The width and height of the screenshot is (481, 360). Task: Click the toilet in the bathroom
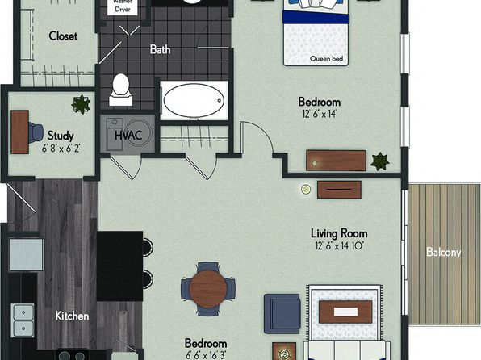[121, 90]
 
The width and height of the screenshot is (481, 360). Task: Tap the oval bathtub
[194, 100]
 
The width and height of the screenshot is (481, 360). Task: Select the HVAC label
[128, 135]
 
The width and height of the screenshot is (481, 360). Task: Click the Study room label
[61, 136]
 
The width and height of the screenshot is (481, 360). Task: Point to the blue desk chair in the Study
[36, 132]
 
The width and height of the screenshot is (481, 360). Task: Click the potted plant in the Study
[81, 105]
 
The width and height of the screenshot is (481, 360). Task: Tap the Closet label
[63, 36]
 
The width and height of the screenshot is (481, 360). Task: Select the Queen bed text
[326, 58]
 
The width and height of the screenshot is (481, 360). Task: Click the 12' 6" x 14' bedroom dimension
[319, 114]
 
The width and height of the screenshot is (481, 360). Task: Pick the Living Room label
[339, 233]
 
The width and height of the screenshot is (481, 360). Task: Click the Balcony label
[443, 253]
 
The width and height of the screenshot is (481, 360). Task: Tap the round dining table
[208, 289]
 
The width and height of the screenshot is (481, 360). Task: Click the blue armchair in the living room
[282, 314]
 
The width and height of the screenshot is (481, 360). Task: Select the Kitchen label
[72, 316]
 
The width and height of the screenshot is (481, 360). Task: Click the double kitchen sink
[23, 320]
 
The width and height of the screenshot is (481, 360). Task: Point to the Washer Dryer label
[123, 6]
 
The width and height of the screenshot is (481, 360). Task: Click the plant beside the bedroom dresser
[380, 161]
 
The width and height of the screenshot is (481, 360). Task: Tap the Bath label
[160, 49]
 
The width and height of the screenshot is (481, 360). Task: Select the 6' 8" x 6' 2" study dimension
[61, 149]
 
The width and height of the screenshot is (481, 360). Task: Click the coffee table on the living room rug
[345, 312]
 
